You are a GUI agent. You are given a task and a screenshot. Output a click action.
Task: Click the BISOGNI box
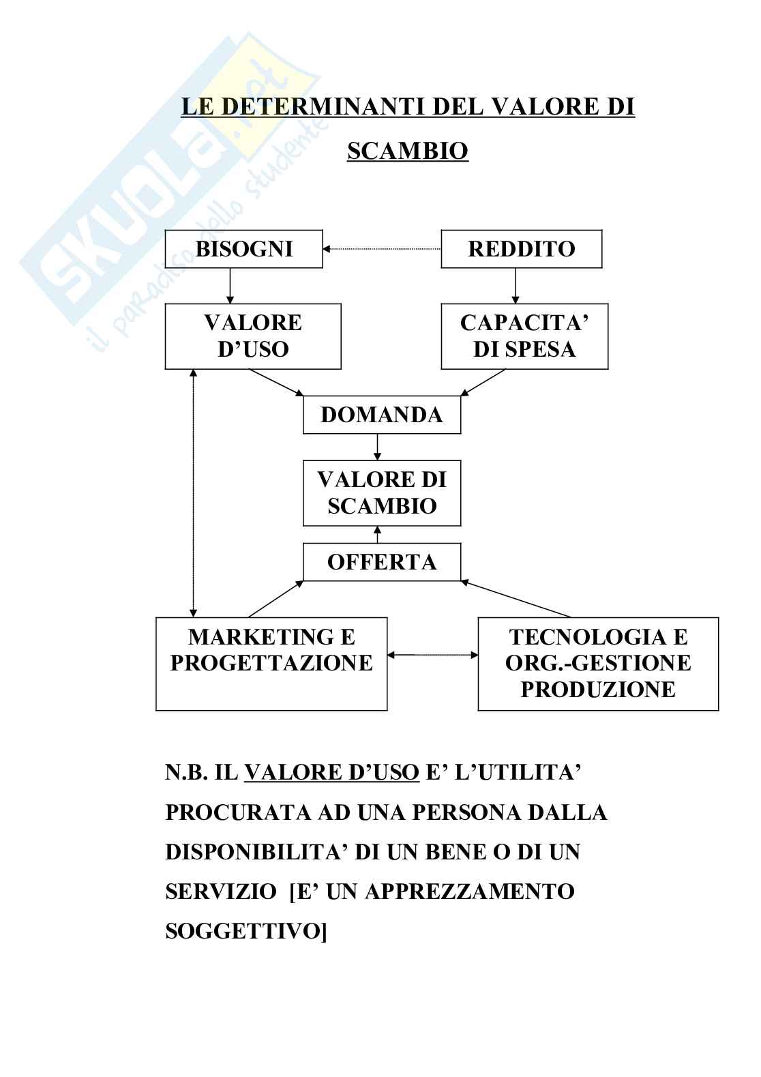(x=244, y=249)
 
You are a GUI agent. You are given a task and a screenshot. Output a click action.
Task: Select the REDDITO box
(x=521, y=249)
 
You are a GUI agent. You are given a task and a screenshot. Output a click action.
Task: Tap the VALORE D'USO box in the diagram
(x=252, y=336)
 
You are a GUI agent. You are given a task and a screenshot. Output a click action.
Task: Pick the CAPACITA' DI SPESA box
(x=524, y=336)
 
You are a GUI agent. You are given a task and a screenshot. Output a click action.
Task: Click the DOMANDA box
(x=381, y=415)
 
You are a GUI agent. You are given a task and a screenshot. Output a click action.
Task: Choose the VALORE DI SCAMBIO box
(x=381, y=492)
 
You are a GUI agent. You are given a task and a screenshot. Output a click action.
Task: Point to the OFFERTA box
(x=381, y=562)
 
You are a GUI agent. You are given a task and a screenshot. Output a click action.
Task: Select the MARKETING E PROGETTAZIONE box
(x=271, y=663)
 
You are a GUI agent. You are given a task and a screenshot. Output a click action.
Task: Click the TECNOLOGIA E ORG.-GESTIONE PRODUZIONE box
(x=597, y=663)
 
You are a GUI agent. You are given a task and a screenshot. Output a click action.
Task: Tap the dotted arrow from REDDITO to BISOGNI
(x=382, y=249)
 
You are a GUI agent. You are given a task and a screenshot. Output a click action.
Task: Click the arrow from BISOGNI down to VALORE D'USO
(x=230, y=286)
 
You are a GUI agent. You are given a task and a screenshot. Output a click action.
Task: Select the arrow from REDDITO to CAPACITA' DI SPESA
(x=515, y=286)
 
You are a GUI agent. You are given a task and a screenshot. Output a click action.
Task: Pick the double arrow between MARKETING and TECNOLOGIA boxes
(x=432, y=655)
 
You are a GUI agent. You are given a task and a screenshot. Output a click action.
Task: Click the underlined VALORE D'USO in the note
(x=331, y=772)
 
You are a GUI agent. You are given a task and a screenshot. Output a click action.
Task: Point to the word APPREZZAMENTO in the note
(x=470, y=891)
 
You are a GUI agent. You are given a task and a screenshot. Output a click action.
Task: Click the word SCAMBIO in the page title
(x=407, y=151)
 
